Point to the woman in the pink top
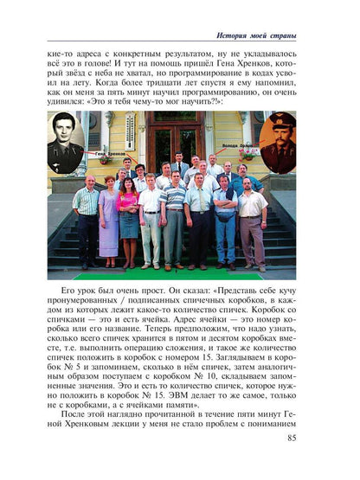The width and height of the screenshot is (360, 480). click(128, 214)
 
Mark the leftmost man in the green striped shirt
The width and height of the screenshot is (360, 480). click(87, 216)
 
